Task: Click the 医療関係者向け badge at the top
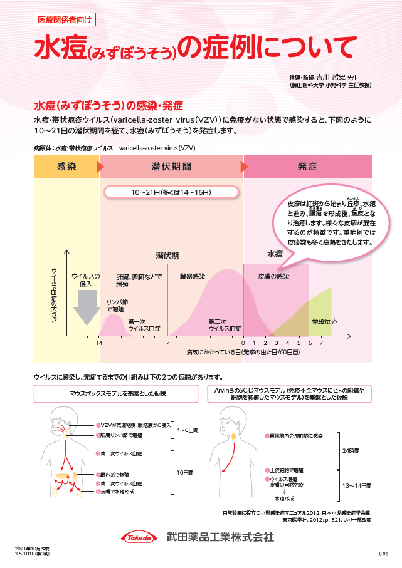64,19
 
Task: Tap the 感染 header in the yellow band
66,167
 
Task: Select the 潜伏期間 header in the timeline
171,167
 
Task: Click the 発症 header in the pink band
307,167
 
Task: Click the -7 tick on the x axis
166,343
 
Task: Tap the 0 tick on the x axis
243,343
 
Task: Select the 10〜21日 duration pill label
171,192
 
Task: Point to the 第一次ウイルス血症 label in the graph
144,324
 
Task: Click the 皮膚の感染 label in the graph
274,276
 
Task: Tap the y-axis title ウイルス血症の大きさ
55,294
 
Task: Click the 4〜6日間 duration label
188,431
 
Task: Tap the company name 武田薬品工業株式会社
220,537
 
